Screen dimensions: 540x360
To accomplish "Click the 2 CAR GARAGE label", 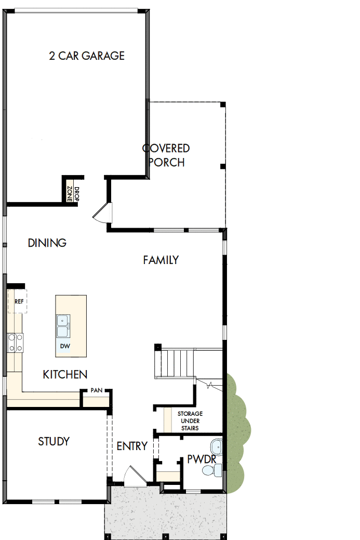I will pos(87,56).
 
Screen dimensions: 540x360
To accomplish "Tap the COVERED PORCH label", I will pos(166,155).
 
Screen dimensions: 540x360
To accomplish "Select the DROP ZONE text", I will pos(73,193).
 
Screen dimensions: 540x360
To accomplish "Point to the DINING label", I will pos(47,243).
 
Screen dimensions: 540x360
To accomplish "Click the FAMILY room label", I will pos(161,260).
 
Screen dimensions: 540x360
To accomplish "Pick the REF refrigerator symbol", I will pos(18,302).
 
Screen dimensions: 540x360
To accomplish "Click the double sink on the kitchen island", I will pos(63,327).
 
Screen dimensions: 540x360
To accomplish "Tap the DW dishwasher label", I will pos(64,346).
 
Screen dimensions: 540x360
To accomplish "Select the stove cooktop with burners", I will pos(15,343).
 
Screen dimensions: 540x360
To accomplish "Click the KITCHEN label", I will pos(65,374).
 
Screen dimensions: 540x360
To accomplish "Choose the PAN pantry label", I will pos(96,390).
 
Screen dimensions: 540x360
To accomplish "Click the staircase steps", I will pos(177,363).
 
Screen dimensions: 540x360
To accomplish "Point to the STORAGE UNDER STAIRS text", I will pos(190,421).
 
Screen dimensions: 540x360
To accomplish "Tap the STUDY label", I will pos(54,442).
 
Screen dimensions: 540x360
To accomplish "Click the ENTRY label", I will pos(132,446).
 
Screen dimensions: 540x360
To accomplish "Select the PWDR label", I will pos(202,459).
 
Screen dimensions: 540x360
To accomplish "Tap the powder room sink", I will pos(216,446).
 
